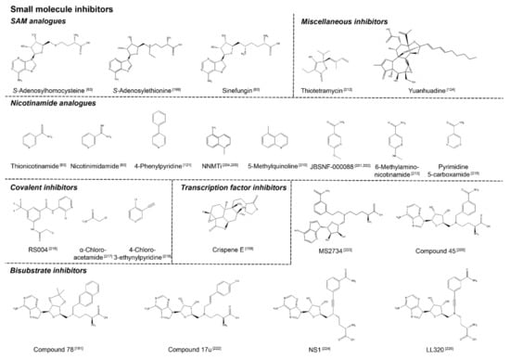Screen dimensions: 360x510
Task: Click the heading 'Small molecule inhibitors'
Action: click(x=62, y=7)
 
